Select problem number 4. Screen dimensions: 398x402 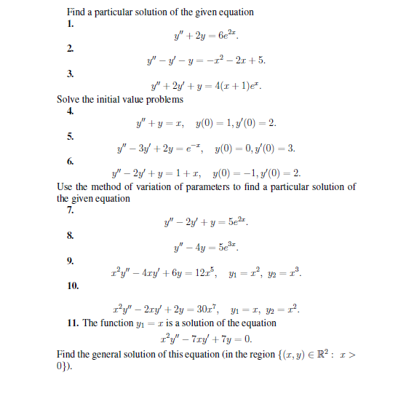tap(70, 111)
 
